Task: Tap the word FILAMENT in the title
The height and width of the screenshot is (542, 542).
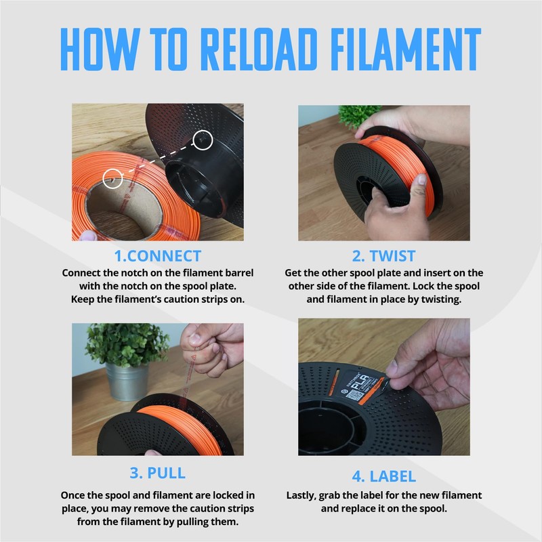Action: [406, 49]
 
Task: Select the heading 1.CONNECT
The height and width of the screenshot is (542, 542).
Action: [158, 256]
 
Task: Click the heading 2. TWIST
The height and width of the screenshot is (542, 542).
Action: [383, 256]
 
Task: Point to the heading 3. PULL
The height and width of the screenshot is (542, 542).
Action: [158, 473]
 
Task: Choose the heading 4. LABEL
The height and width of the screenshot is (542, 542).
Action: [383, 476]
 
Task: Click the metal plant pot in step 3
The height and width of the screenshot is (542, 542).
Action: [127, 381]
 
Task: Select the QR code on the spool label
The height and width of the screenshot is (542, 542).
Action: [354, 395]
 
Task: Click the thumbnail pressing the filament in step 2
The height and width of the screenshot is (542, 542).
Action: [422, 179]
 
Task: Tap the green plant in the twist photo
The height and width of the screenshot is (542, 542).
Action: [358, 115]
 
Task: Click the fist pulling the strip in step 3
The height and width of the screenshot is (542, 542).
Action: [212, 349]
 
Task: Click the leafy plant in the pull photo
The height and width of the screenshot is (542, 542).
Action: [126, 343]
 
